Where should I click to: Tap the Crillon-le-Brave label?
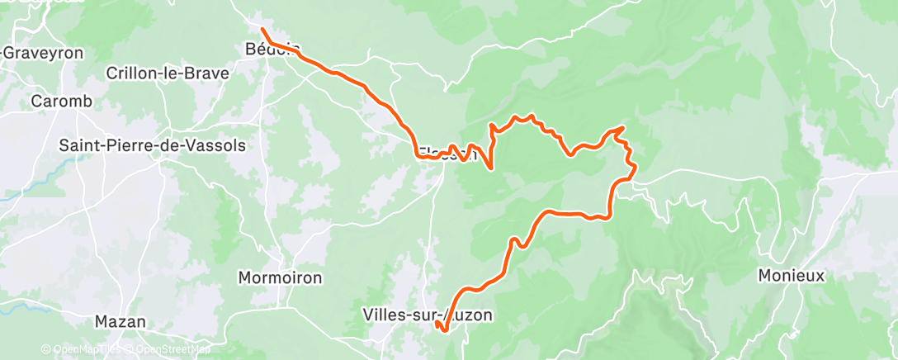167,73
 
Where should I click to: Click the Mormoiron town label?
280,277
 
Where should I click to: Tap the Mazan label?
121,321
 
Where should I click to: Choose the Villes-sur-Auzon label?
427,315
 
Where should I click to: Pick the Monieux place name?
791,276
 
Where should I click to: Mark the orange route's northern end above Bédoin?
262,30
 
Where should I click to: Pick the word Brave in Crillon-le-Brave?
207,73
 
